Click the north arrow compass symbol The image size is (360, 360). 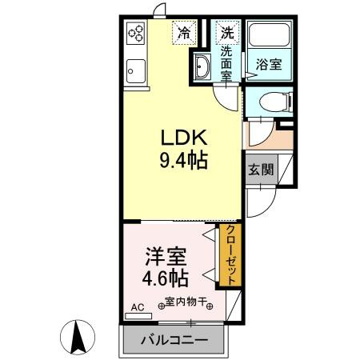[79, 336]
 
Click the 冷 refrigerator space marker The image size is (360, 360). [185, 34]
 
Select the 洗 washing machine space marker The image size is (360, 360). [228, 34]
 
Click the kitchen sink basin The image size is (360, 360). [134, 70]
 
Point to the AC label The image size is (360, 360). [138, 307]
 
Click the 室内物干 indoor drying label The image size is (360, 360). [186, 302]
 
